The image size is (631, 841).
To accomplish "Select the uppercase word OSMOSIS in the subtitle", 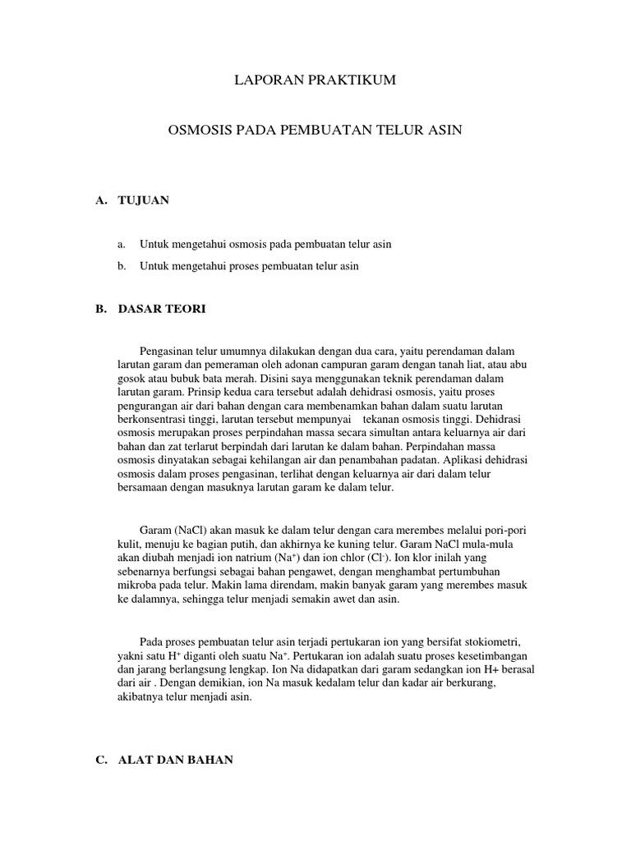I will tap(200, 131).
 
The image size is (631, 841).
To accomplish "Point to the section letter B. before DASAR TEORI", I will tap(101, 309).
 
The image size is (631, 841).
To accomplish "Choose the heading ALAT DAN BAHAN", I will tap(176, 761).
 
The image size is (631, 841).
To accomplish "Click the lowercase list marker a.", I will tap(122, 244).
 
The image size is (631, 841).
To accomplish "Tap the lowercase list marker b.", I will tap(122, 266).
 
